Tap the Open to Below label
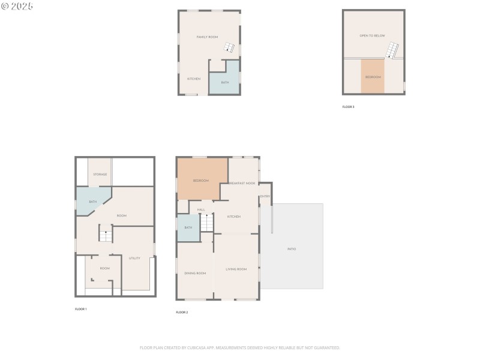372,36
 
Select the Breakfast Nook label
242,183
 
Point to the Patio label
292,249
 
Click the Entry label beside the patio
265,197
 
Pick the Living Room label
236,269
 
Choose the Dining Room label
195,273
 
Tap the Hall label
201,209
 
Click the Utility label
134,258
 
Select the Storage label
100,175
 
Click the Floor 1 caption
80,309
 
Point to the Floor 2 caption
182,313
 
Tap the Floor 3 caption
348,107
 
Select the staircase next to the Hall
206,223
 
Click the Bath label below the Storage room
93,202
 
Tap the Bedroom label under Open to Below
373,77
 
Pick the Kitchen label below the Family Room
193,79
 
